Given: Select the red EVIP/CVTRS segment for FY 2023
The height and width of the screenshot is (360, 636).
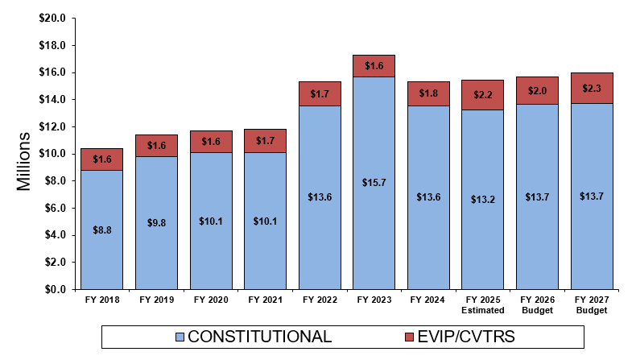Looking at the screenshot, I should point(374,66).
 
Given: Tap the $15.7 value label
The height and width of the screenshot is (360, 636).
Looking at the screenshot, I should point(374,183).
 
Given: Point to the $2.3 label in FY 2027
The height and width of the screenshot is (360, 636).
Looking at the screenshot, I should point(593,88).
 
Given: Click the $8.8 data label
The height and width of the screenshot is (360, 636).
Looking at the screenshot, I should point(102,230).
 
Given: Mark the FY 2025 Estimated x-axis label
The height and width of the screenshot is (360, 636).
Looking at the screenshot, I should point(483,304).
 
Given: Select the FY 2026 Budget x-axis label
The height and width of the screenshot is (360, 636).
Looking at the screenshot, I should point(538,304).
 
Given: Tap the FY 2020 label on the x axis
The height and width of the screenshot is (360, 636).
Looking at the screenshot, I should point(211,300).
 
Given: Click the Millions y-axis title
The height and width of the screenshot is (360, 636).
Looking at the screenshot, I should point(24,160).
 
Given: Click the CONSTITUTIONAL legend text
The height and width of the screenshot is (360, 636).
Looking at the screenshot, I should point(259,337).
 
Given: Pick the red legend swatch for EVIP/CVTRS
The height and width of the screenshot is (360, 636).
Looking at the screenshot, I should point(409,337).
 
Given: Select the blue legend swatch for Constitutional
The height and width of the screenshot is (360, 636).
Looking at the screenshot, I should point(180,337).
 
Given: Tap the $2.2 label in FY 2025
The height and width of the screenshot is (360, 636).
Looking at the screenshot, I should point(483,95).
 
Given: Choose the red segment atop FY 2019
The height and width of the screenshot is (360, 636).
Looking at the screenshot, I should point(156,146).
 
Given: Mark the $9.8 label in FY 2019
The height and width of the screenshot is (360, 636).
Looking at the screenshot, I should point(156,223).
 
